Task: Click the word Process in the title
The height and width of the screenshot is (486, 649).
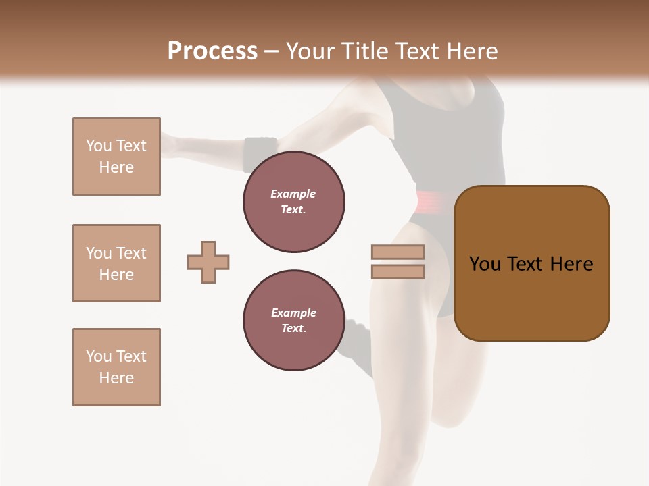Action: click(x=212, y=51)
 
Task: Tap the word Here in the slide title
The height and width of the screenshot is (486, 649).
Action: click(x=472, y=51)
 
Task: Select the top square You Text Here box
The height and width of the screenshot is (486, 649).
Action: click(x=116, y=157)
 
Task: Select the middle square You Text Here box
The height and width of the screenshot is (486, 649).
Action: click(x=116, y=263)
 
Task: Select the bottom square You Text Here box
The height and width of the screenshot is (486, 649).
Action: click(x=116, y=367)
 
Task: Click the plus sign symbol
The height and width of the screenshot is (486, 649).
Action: click(x=208, y=262)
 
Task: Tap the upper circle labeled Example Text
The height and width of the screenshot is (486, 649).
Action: click(x=293, y=202)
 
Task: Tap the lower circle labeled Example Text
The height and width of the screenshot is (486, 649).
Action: click(x=293, y=321)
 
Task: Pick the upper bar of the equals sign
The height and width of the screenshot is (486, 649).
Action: click(x=398, y=252)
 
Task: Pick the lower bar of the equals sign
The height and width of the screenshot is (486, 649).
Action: click(x=398, y=271)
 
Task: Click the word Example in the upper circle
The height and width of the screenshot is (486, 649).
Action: click(x=293, y=194)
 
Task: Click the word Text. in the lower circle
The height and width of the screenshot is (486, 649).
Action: click(x=293, y=329)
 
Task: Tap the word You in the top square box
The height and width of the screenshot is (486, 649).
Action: click(x=99, y=146)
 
